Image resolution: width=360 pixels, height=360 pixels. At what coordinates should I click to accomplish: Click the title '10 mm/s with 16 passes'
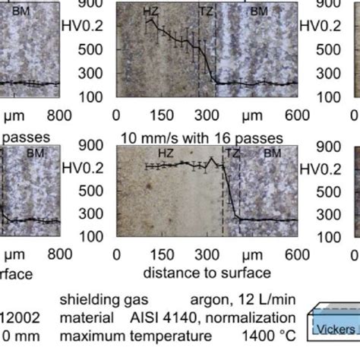pos(201,137)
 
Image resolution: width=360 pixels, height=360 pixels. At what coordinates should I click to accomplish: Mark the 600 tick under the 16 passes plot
pos(298,254)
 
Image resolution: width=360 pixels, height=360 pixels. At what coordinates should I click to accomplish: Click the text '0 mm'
pos(15,335)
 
